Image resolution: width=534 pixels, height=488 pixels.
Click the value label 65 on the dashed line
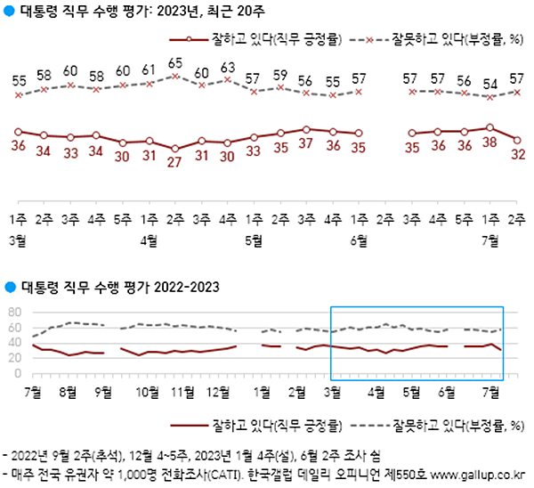click(x=175, y=63)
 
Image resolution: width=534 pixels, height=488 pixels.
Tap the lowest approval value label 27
click(x=175, y=162)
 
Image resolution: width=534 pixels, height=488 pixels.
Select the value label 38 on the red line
click(x=489, y=141)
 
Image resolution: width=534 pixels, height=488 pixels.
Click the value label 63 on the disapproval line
click(x=228, y=66)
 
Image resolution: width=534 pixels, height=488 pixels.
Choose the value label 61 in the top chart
click(x=150, y=69)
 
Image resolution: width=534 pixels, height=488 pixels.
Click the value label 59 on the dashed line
click(x=279, y=75)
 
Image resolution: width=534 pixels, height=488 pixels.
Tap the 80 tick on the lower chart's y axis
click(x=13, y=312)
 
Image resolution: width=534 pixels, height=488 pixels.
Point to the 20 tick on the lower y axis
click(x=13, y=359)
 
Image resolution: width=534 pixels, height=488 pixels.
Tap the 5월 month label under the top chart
click(x=253, y=240)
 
